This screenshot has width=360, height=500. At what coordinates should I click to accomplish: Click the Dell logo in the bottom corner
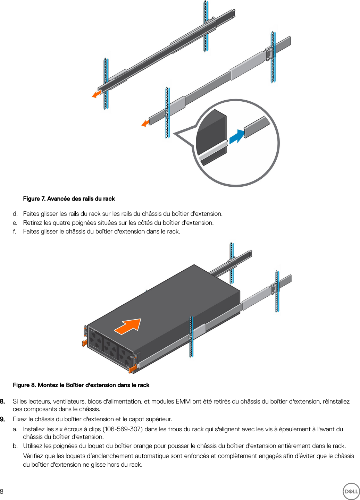click(351, 491)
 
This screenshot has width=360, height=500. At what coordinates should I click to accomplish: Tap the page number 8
click(2, 491)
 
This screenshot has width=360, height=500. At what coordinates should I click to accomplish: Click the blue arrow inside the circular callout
click(237, 136)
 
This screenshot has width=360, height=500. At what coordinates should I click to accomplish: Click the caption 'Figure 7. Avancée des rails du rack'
click(69, 199)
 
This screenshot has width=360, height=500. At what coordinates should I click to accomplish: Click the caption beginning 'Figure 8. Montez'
click(81, 385)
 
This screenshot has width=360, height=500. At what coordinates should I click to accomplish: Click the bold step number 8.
click(2, 401)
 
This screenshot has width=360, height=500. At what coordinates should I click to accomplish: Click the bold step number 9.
click(2, 419)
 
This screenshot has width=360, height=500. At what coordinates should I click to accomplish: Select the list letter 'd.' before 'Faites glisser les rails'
click(15, 214)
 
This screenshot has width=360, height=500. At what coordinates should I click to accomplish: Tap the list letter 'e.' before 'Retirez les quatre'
click(15, 223)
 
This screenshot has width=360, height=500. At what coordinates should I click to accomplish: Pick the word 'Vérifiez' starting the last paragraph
click(34, 456)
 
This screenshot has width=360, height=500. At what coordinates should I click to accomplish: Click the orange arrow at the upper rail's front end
click(97, 94)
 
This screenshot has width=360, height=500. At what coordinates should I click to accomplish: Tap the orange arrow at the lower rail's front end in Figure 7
click(145, 123)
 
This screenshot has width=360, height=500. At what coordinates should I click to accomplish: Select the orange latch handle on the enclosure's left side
click(85, 342)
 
